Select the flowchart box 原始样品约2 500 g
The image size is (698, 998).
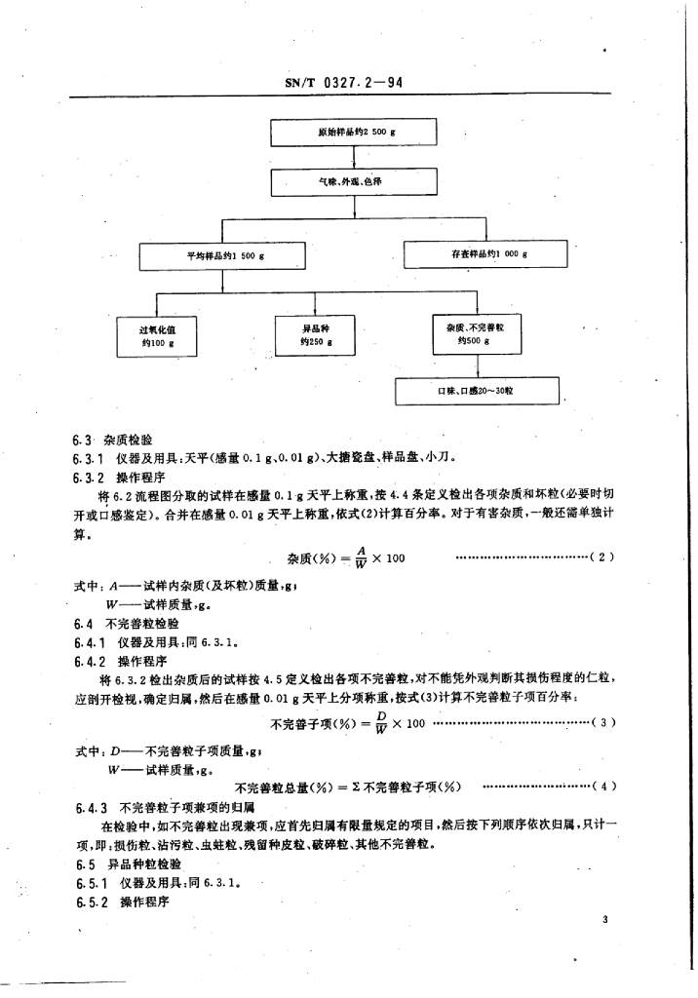pyautogui.click(x=349, y=132)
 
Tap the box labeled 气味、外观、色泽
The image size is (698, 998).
pyautogui.click(x=349, y=181)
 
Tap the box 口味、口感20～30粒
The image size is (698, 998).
pyautogui.click(x=477, y=391)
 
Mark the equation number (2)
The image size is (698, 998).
pyautogui.click(x=603, y=557)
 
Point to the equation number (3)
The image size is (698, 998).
pyautogui.click(x=603, y=722)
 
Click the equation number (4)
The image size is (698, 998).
pyautogui.click(x=603, y=787)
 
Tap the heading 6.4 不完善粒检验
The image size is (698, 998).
pyautogui.click(x=127, y=622)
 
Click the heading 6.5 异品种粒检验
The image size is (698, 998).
pyautogui.click(x=127, y=864)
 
